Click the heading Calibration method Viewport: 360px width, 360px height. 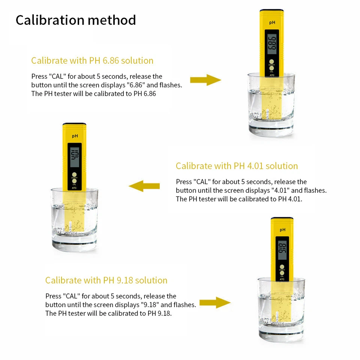point(76,20)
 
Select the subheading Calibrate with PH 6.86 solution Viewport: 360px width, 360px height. point(92,61)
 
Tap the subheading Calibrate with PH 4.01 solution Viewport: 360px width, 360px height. point(237,166)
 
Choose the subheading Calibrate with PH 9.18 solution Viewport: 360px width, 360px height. point(106,280)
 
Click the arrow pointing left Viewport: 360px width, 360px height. point(144,186)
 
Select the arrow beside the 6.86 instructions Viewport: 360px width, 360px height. point(206,80)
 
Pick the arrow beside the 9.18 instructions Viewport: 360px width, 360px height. point(215,303)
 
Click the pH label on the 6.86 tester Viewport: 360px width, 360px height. point(272,22)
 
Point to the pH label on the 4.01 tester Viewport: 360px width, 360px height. point(75,136)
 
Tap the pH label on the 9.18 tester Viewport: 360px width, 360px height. point(283,230)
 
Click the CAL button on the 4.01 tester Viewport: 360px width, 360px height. point(74,181)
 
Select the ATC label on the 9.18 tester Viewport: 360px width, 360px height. point(282,279)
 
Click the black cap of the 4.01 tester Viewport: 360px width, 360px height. point(74,124)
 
